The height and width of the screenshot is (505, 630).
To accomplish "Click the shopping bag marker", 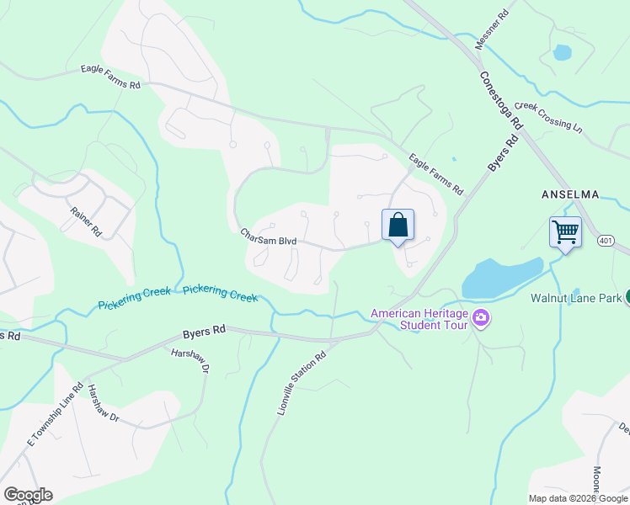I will pyautogui.click(x=398, y=226).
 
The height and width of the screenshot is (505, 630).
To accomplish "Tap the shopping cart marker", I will pyautogui.click(x=565, y=231).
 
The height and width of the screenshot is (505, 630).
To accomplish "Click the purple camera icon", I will pyautogui.click(x=482, y=318).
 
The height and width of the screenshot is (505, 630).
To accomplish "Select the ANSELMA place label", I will pyautogui.click(x=570, y=194).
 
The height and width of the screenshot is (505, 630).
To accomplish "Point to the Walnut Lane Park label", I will pyautogui.click(x=576, y=298).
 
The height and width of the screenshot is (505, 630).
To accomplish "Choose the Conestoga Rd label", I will pyautogui.click(x=501, y=99).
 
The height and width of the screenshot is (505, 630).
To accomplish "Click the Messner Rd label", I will pyautogui.click(x=494, y=29).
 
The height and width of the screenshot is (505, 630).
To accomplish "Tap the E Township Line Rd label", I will pyautogui.click(x=55, y=415).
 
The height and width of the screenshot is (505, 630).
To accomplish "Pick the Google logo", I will pyautogui.click(x=28, y=495).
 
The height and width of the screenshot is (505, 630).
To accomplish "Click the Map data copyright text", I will pyautogui.click(x=578, y=498).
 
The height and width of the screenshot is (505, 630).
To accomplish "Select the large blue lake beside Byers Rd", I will pyautogui.click(x=500, y=278).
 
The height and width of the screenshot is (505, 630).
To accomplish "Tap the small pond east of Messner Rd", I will pyautogui.click(x=562, y=53).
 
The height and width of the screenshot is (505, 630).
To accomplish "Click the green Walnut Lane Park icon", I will pyautogui.click(x=626, y=297).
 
